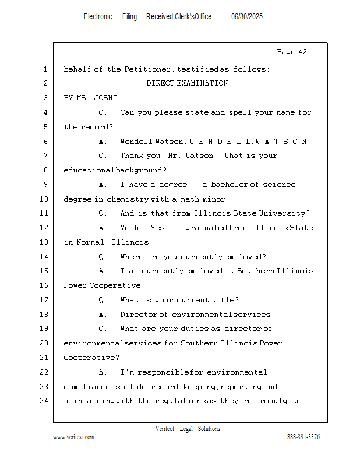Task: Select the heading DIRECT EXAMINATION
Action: [x=187, y=83]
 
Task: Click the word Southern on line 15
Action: [x=256, y=271]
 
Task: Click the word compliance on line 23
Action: [x=87, y=387]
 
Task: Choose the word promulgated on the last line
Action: [x=282, y=401]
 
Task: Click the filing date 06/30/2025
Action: [x=247, y=17]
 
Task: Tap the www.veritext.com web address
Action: [x=73, y=437]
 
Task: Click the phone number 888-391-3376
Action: [x=303, y=437]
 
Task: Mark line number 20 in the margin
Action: [x=45, y=343]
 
